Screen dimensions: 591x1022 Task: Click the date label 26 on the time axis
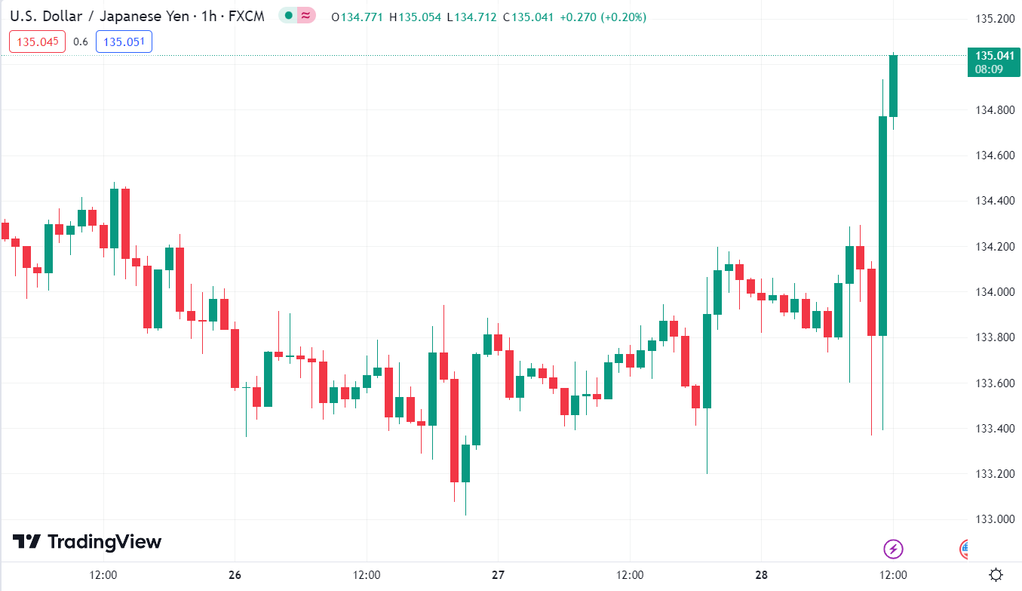[235, 575]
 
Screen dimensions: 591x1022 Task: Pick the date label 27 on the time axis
[498, 575]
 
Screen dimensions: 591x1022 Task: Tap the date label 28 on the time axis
[762, 575]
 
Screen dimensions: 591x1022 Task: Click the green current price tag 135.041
[994, 61]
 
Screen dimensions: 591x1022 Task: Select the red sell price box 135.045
[38, 42]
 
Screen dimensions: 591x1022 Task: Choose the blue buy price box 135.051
[124, 42]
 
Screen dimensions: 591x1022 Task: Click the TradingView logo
[87, 542]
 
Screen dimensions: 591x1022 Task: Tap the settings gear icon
[996, 575]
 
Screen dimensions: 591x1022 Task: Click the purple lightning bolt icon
[893, 549]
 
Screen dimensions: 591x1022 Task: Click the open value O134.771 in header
[358, 17]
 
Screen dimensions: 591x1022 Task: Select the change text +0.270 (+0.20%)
[603, 17]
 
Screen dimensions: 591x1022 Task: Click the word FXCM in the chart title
[246, 16]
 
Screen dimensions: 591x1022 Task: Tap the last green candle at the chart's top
[894, 85]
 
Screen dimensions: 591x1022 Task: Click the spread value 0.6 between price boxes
[81, 42]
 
